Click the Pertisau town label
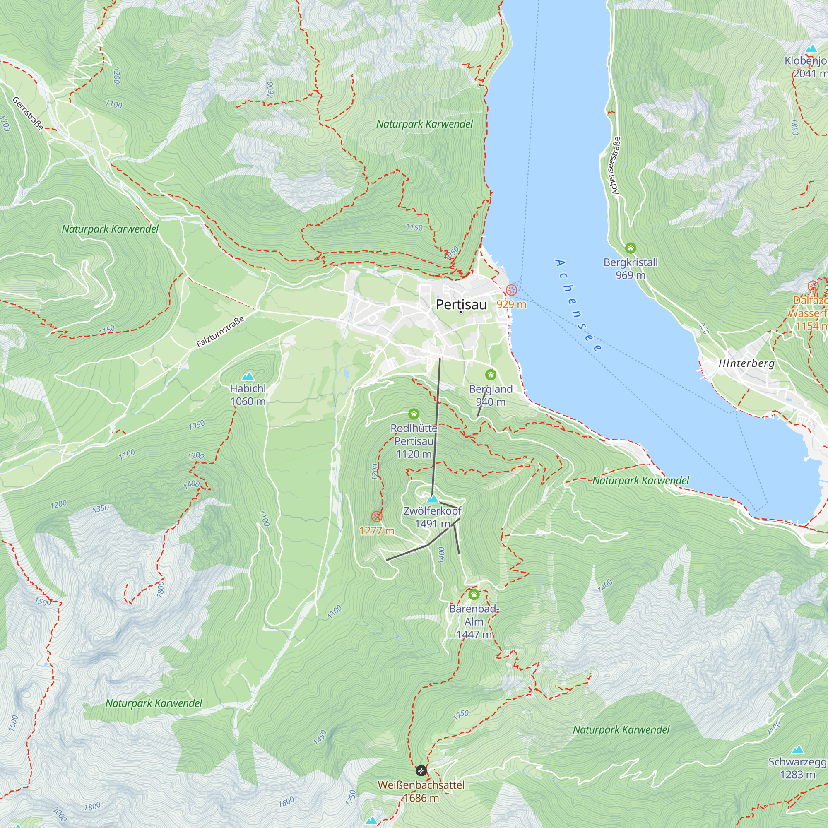[461, 305]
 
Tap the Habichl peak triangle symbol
[248, 377]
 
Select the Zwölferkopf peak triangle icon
[433, 499]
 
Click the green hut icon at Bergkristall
[630, 248]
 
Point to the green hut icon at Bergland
[491, 375]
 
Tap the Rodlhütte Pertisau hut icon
[414, 414]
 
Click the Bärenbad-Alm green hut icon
[474, 595]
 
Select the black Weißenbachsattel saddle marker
[421, 770]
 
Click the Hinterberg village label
[746, 363]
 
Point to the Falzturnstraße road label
[220, 331]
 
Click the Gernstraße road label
[28, 113]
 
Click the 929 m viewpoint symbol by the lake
[511, 290]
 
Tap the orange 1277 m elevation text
[377, 531]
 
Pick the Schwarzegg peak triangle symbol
[797, 750]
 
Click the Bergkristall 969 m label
[630, 268]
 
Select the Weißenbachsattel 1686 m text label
[421, 791]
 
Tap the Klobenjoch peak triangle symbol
[811, 49]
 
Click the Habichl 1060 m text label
[248, 395]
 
